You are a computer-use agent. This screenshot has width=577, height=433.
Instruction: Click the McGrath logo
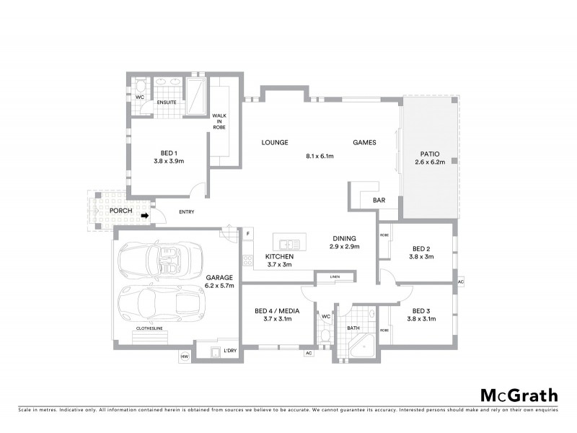(x=519, y=395)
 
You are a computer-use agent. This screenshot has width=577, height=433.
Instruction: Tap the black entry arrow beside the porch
(x=144, y=214)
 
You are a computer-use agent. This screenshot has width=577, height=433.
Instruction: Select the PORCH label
(x=121, y=211)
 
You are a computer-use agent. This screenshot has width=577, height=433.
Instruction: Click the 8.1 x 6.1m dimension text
(x=320, y=156)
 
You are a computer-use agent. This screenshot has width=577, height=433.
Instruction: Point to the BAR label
(x=378, y=200)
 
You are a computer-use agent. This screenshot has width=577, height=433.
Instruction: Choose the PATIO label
(x=427, y=153)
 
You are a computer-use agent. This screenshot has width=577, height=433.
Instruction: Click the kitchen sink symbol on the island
(x=289, y=243)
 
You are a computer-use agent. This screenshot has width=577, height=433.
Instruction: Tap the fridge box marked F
(x=247, y=233)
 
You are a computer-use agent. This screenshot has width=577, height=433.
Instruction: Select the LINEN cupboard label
(x=335, y=277)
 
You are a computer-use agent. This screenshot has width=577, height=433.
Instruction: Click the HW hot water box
(x=184, y=356)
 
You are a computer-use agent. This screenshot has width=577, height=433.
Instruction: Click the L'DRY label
(x=230, y=351)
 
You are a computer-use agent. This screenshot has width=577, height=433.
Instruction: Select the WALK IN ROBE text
(x=219, y=125)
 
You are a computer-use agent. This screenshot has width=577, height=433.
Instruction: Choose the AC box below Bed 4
(x=308, y=353)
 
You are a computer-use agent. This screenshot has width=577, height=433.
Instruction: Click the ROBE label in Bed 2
(x=384, y=235)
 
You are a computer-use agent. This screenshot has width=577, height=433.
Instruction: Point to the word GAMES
(x=364, y=143)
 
